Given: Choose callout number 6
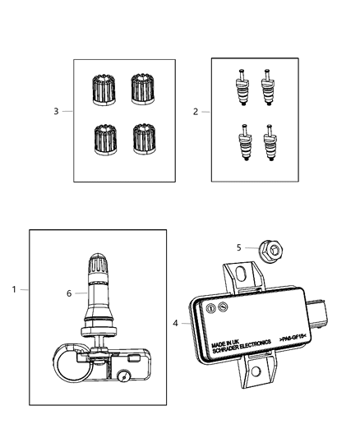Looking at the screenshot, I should tap(69, 292).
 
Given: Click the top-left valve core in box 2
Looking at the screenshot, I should tap(244, 85).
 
